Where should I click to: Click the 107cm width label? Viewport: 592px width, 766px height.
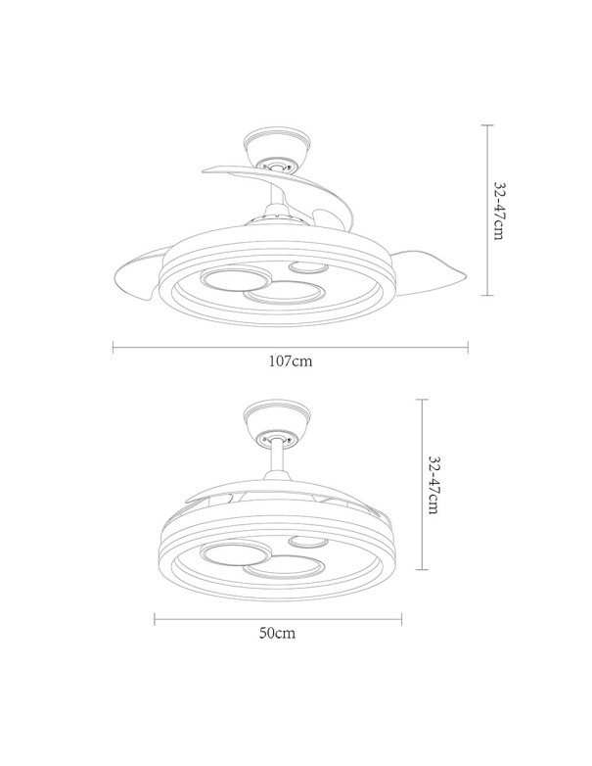coord(291,361)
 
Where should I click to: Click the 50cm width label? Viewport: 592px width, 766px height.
coord(278,633)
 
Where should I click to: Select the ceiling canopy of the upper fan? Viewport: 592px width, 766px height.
coord(279,148)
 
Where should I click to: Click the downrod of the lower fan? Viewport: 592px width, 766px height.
coord(276,459)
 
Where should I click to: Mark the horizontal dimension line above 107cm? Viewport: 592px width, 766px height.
coord(291,346)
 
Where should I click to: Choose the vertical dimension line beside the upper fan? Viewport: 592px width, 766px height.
coord(486,212)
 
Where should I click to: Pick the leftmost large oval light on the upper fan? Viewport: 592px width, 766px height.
coord(232,280)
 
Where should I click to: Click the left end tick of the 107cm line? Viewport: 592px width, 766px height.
coord(114,346)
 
